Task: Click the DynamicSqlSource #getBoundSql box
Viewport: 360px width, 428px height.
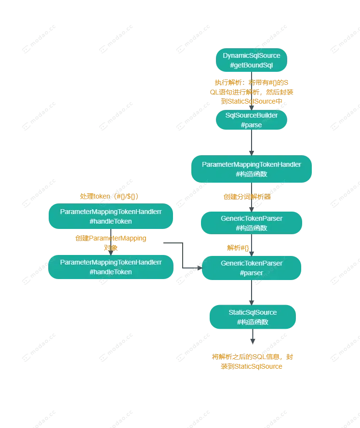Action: point(251,60)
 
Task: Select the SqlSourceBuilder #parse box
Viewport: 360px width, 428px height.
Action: point(251,120)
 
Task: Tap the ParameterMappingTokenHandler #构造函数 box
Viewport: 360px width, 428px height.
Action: point(251,169)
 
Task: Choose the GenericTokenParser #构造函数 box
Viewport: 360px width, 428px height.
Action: point(251,223)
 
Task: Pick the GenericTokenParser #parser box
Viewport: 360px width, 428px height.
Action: point(251,267)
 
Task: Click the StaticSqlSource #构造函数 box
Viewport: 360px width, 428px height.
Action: point(252,317)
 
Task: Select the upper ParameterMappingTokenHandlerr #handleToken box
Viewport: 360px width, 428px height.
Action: point(110,216)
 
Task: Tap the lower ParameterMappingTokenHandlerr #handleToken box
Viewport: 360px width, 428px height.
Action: point(110,267)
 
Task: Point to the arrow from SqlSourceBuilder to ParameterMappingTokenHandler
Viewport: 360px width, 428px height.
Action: point(252,143)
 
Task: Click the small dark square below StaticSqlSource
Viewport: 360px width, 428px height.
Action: point(252,339)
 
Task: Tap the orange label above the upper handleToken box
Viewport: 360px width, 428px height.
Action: point(109,197)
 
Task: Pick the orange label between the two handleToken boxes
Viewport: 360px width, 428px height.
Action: point(110,243)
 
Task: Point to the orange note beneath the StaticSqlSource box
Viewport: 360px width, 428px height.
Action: point(252,361)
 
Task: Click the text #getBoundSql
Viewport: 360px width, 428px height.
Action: point(251,65)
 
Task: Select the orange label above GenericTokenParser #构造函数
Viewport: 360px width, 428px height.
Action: point(248,197)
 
